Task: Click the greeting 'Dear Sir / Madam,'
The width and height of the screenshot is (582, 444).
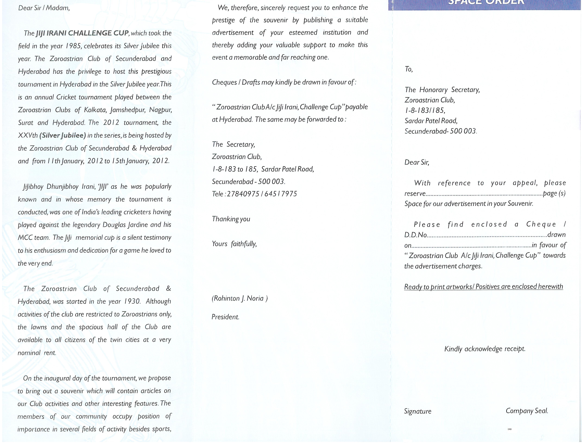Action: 44,8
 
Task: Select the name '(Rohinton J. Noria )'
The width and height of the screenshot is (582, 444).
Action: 240,298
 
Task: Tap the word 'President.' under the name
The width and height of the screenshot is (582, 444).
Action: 225,317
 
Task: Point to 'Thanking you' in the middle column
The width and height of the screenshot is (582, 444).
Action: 231,219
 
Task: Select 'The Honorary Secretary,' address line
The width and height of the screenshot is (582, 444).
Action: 442,90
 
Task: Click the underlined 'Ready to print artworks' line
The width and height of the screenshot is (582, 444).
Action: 483,287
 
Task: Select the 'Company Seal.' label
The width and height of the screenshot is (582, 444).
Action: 527,411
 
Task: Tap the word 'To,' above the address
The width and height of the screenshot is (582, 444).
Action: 408,69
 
